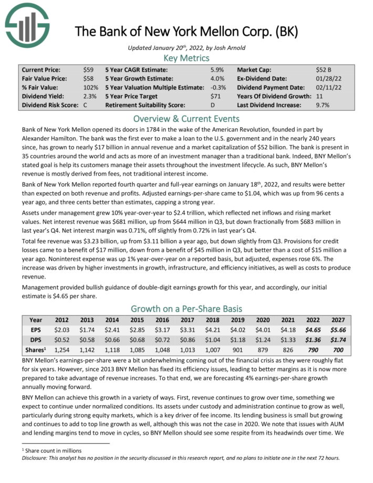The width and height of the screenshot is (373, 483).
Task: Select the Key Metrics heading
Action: (x=186, y=58)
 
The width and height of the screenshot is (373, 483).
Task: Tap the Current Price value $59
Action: (x=88, y=69)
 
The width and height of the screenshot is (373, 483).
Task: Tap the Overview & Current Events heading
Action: (x=186, y=118)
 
